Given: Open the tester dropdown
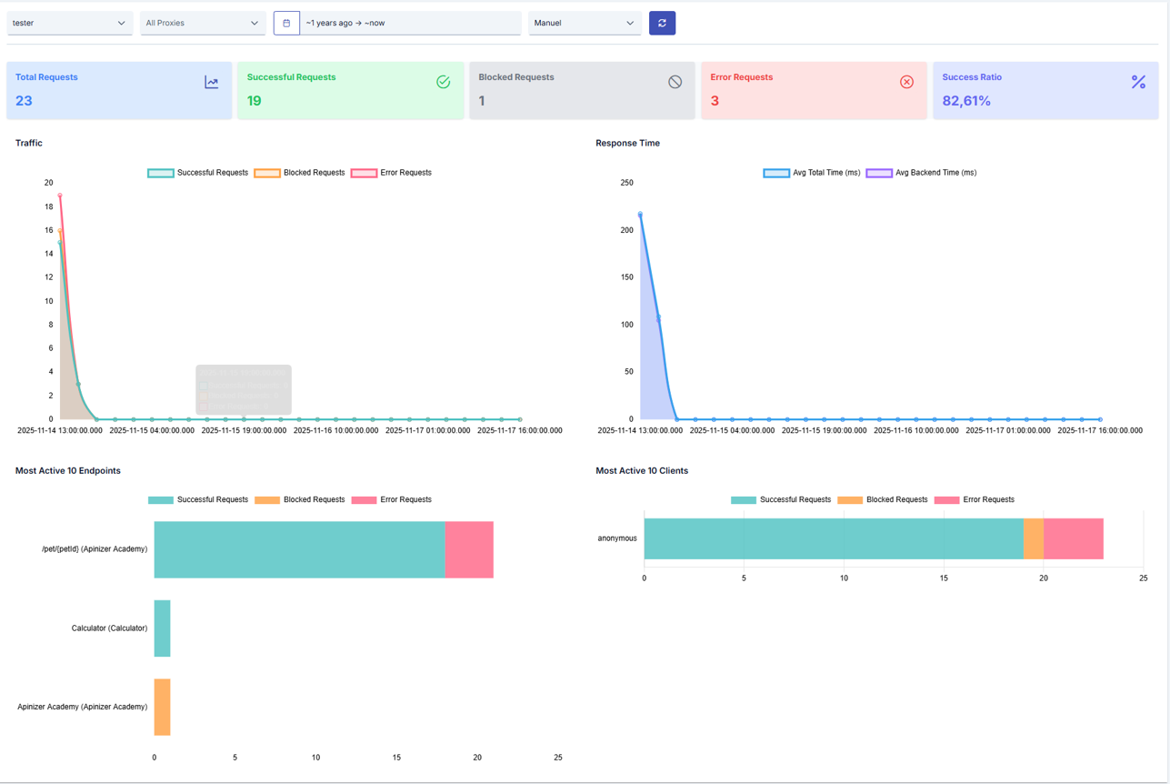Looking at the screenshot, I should [x=69, y=23].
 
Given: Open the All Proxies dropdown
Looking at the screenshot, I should [x=202, y=23].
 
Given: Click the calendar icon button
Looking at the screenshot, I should [x=286, y=23].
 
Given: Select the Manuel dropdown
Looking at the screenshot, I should [x=584, y=23].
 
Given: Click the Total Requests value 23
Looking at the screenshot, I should [x=24, y=101].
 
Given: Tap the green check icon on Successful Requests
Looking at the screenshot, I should [x=444, y=82].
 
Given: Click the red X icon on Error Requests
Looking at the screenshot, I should [x=906, y=82].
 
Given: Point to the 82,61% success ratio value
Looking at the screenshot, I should [x=966, y=101].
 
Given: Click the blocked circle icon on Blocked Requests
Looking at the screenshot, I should [x=675, y=82].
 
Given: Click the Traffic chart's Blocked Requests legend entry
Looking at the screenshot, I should [x=300, y=173].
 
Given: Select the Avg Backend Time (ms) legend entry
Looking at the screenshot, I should [x=921, y=173].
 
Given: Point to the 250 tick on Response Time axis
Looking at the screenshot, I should [x=626, y=183].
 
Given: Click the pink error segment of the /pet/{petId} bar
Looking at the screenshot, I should [x=469, y=549].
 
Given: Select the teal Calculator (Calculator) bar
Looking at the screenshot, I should [x=162, y=628].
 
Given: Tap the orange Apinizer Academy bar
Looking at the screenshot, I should [x=162, y=707].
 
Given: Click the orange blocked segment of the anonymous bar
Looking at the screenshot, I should [x=1033, y=538].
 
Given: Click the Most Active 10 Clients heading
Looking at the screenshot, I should [x=642, y=471].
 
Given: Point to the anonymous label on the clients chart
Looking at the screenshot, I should [x=617, y=538].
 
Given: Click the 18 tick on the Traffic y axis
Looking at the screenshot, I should [x=48, y=206].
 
